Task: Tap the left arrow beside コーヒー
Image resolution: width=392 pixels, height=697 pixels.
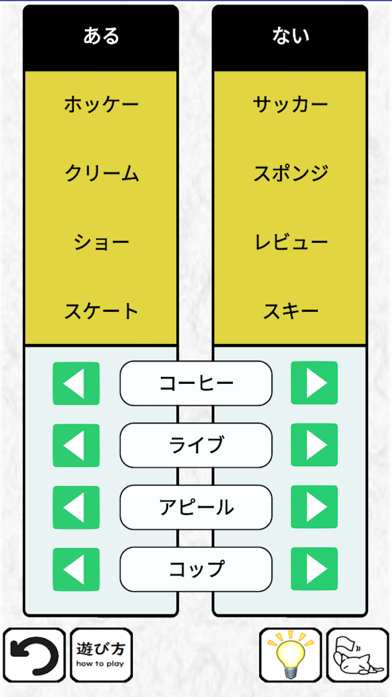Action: point(76,383)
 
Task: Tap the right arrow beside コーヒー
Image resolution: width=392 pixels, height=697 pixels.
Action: point(314,383)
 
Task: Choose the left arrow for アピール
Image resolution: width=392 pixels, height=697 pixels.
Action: point(76,507)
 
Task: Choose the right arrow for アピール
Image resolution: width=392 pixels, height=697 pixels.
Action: point(314,507)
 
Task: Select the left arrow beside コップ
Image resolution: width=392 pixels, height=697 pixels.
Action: point(76,570)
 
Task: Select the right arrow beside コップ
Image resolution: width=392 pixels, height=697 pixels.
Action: point(314,569)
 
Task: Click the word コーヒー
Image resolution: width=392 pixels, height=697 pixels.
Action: point(196,383)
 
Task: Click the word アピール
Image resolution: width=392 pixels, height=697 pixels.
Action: point(196,507)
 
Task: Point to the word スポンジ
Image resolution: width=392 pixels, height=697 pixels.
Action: point(291,173)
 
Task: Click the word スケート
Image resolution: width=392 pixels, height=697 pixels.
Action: point(101,311)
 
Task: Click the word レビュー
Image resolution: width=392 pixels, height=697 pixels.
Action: point(291,242)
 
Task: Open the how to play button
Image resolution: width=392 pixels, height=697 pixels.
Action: point(101,655)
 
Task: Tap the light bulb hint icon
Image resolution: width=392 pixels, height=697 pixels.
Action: point(291,655)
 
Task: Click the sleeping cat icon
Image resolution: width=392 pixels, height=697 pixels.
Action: point(358,655)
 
